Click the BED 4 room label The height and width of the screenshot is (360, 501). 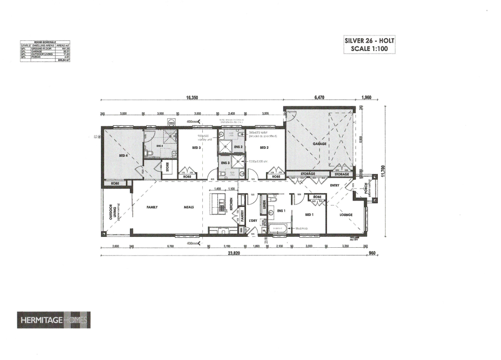(x=123, y=155)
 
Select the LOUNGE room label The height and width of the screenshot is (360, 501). (x=346, y=215)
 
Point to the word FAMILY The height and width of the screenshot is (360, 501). (x=152, y=207)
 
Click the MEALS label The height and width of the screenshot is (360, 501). (x=189, y=207)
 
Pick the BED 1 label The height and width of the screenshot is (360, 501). (x=309, y=215)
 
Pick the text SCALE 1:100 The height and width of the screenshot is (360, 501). (x=369, y=50)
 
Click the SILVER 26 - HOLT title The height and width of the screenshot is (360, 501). (x=369, y=41)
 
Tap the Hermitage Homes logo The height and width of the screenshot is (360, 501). (x=54, y=320)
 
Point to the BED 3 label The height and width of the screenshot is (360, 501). (x=196, y=148)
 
